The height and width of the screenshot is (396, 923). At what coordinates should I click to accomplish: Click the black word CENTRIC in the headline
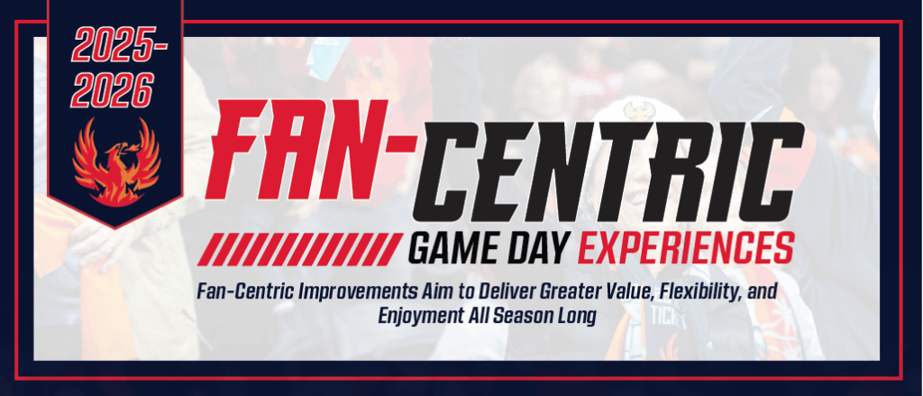click(603, 169)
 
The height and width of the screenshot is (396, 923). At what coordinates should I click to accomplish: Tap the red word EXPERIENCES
click(692, 246)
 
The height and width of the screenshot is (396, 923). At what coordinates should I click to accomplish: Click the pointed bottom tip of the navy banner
click(114, 226)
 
